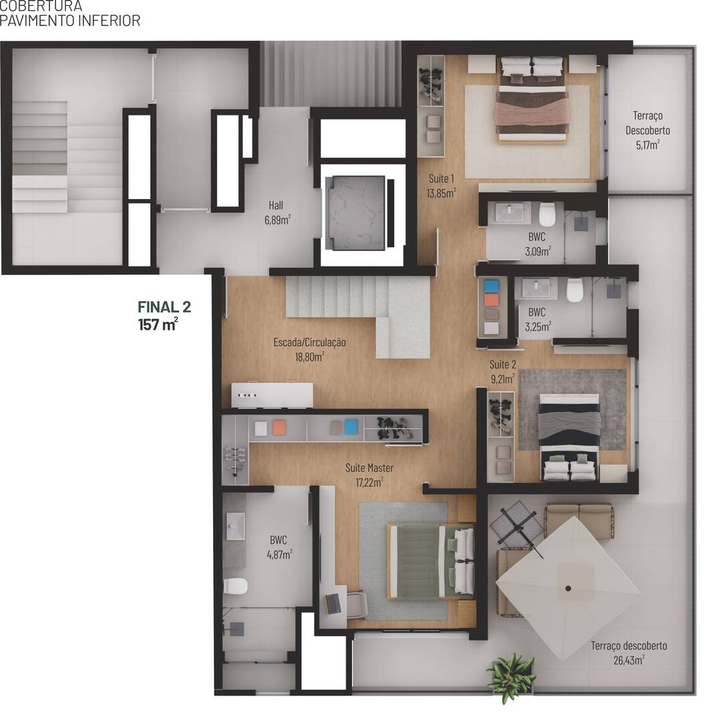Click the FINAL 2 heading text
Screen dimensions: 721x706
(x=164, y=307)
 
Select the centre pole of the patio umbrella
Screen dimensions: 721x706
(x=568, y=588)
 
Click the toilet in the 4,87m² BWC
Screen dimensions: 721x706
(x=235, y=586)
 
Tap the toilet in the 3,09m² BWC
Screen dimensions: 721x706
(x=548, y=214)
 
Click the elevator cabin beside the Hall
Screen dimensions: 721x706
(x=354, y=213)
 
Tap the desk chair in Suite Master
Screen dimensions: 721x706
(x=357, y=605)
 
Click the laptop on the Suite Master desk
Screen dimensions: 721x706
(x=332, y=603)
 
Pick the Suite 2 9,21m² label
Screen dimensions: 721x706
(x=502, y=372)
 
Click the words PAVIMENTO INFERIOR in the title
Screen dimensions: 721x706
(x=70, y=21)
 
